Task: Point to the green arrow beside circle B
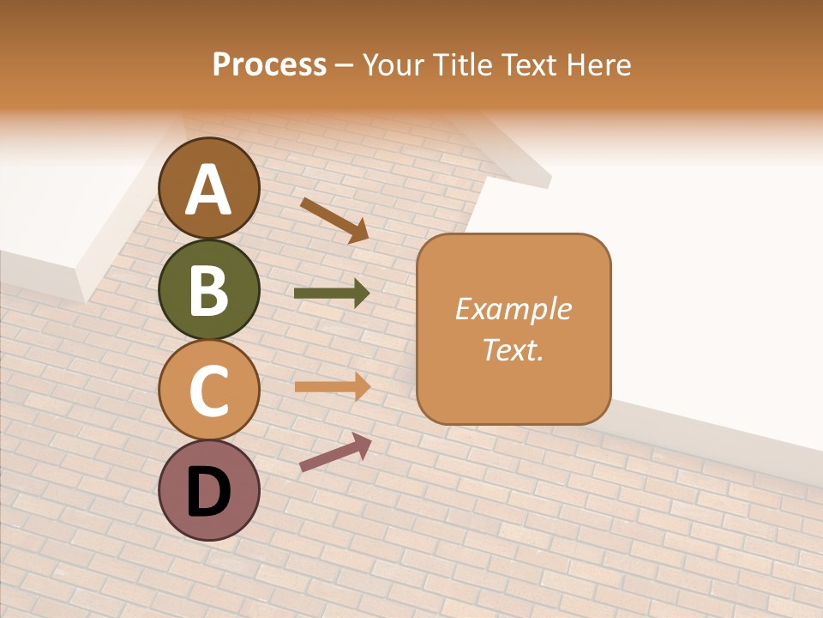click(332, 294)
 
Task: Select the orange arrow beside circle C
click(333, 386)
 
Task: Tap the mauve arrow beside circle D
click(335, 452)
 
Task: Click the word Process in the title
click(269, 64)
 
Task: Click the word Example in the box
click(514, 309)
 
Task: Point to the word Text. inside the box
click(514, 349)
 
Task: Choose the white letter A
click(209, 191)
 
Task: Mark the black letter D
click(209, 492)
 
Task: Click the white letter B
click(209, 291)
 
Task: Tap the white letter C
click(209, 391)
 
